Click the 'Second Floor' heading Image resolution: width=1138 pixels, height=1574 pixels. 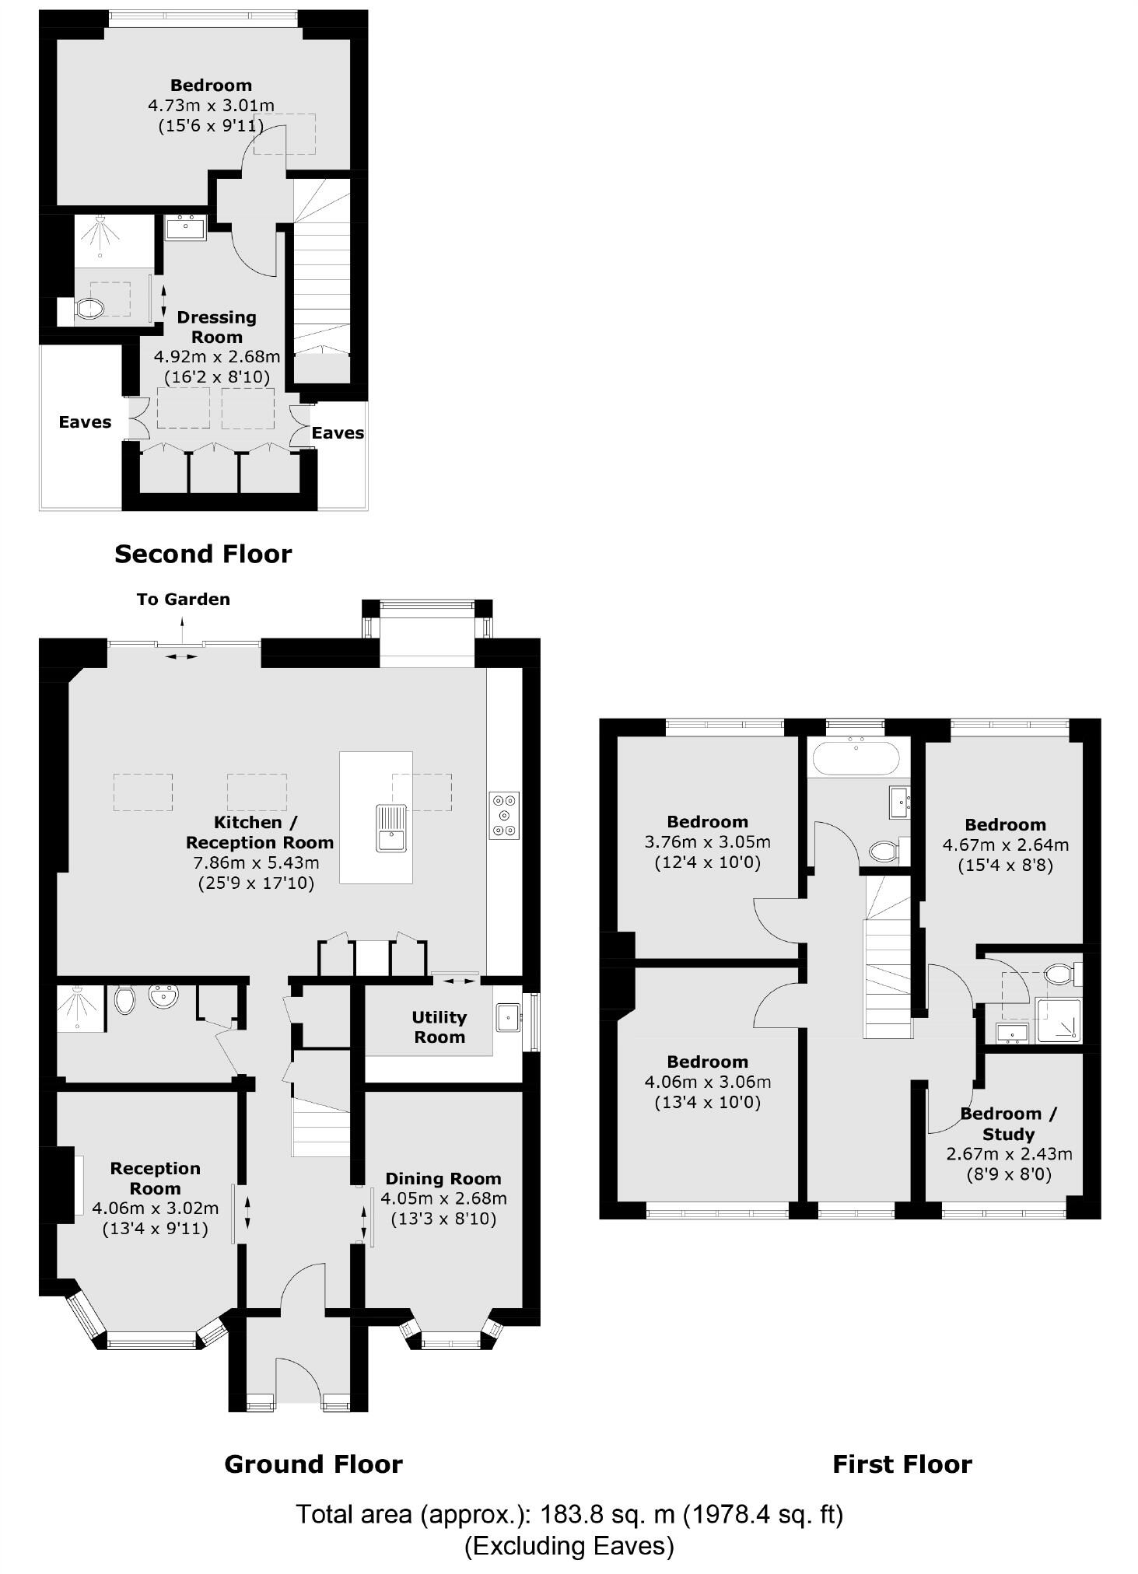point(203,554)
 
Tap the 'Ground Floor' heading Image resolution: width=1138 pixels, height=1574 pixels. point(313,1464)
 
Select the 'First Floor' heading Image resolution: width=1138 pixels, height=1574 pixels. point(902,1464)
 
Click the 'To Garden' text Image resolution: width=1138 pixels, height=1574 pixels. point(183,599)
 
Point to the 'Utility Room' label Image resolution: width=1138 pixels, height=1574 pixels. point(439,1027)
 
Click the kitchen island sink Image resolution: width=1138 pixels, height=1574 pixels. point(390,829)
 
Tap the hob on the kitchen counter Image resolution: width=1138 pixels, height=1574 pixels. point(504,815)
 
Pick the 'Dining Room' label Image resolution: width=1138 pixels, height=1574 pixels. point(443,1178)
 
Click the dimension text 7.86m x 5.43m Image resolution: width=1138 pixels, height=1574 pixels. point(255,862)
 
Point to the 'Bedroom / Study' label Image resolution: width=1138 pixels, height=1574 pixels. point(1008,1124)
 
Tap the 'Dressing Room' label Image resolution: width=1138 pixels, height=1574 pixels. point(216,327)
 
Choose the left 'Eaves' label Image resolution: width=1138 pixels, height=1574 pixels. point(85,422)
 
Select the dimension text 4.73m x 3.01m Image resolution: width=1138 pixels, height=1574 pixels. point(211,105)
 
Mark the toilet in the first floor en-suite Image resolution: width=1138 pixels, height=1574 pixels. point(1058,974)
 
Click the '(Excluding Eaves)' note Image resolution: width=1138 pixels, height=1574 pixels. point(569,1545)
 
